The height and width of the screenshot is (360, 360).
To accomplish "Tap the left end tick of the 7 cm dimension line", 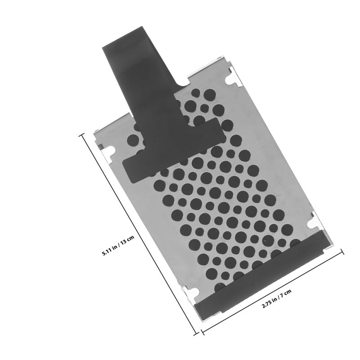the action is [202, 333].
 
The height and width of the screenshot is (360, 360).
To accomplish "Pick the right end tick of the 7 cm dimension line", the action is [342, 252].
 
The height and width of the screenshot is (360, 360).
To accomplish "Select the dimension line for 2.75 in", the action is [272, 292].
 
